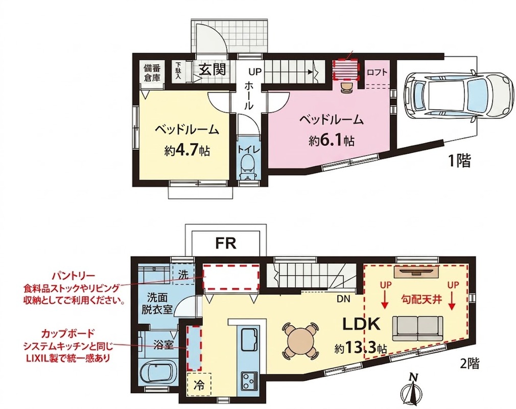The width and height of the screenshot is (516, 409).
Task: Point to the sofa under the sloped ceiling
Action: (x=417, y=328)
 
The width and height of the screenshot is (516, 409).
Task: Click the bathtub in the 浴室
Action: (x=158, y=374)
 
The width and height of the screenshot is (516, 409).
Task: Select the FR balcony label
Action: (x=226, y=243)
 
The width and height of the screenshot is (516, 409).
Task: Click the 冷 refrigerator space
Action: (x=198, y=384)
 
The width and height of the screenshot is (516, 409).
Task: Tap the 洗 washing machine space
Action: (x=183, y=275)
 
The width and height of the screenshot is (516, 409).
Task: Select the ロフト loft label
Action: (x=377, y=72)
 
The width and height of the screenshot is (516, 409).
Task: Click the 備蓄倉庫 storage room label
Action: (x=152, y=73)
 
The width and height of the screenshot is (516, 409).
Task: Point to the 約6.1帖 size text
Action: (x=332, y=141)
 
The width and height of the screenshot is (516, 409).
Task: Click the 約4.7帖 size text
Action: (x=187, y=150)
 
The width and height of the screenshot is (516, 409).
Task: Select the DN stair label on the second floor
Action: (x=343, y=299)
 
